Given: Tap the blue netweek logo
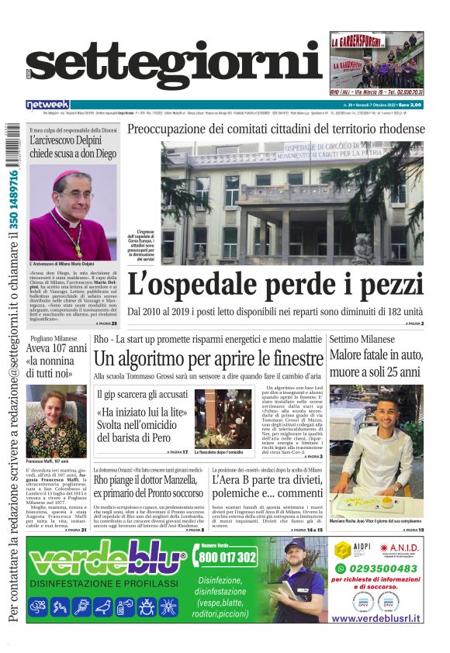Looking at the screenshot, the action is [49, 104].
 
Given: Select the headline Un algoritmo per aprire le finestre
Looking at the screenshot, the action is [207, 359].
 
